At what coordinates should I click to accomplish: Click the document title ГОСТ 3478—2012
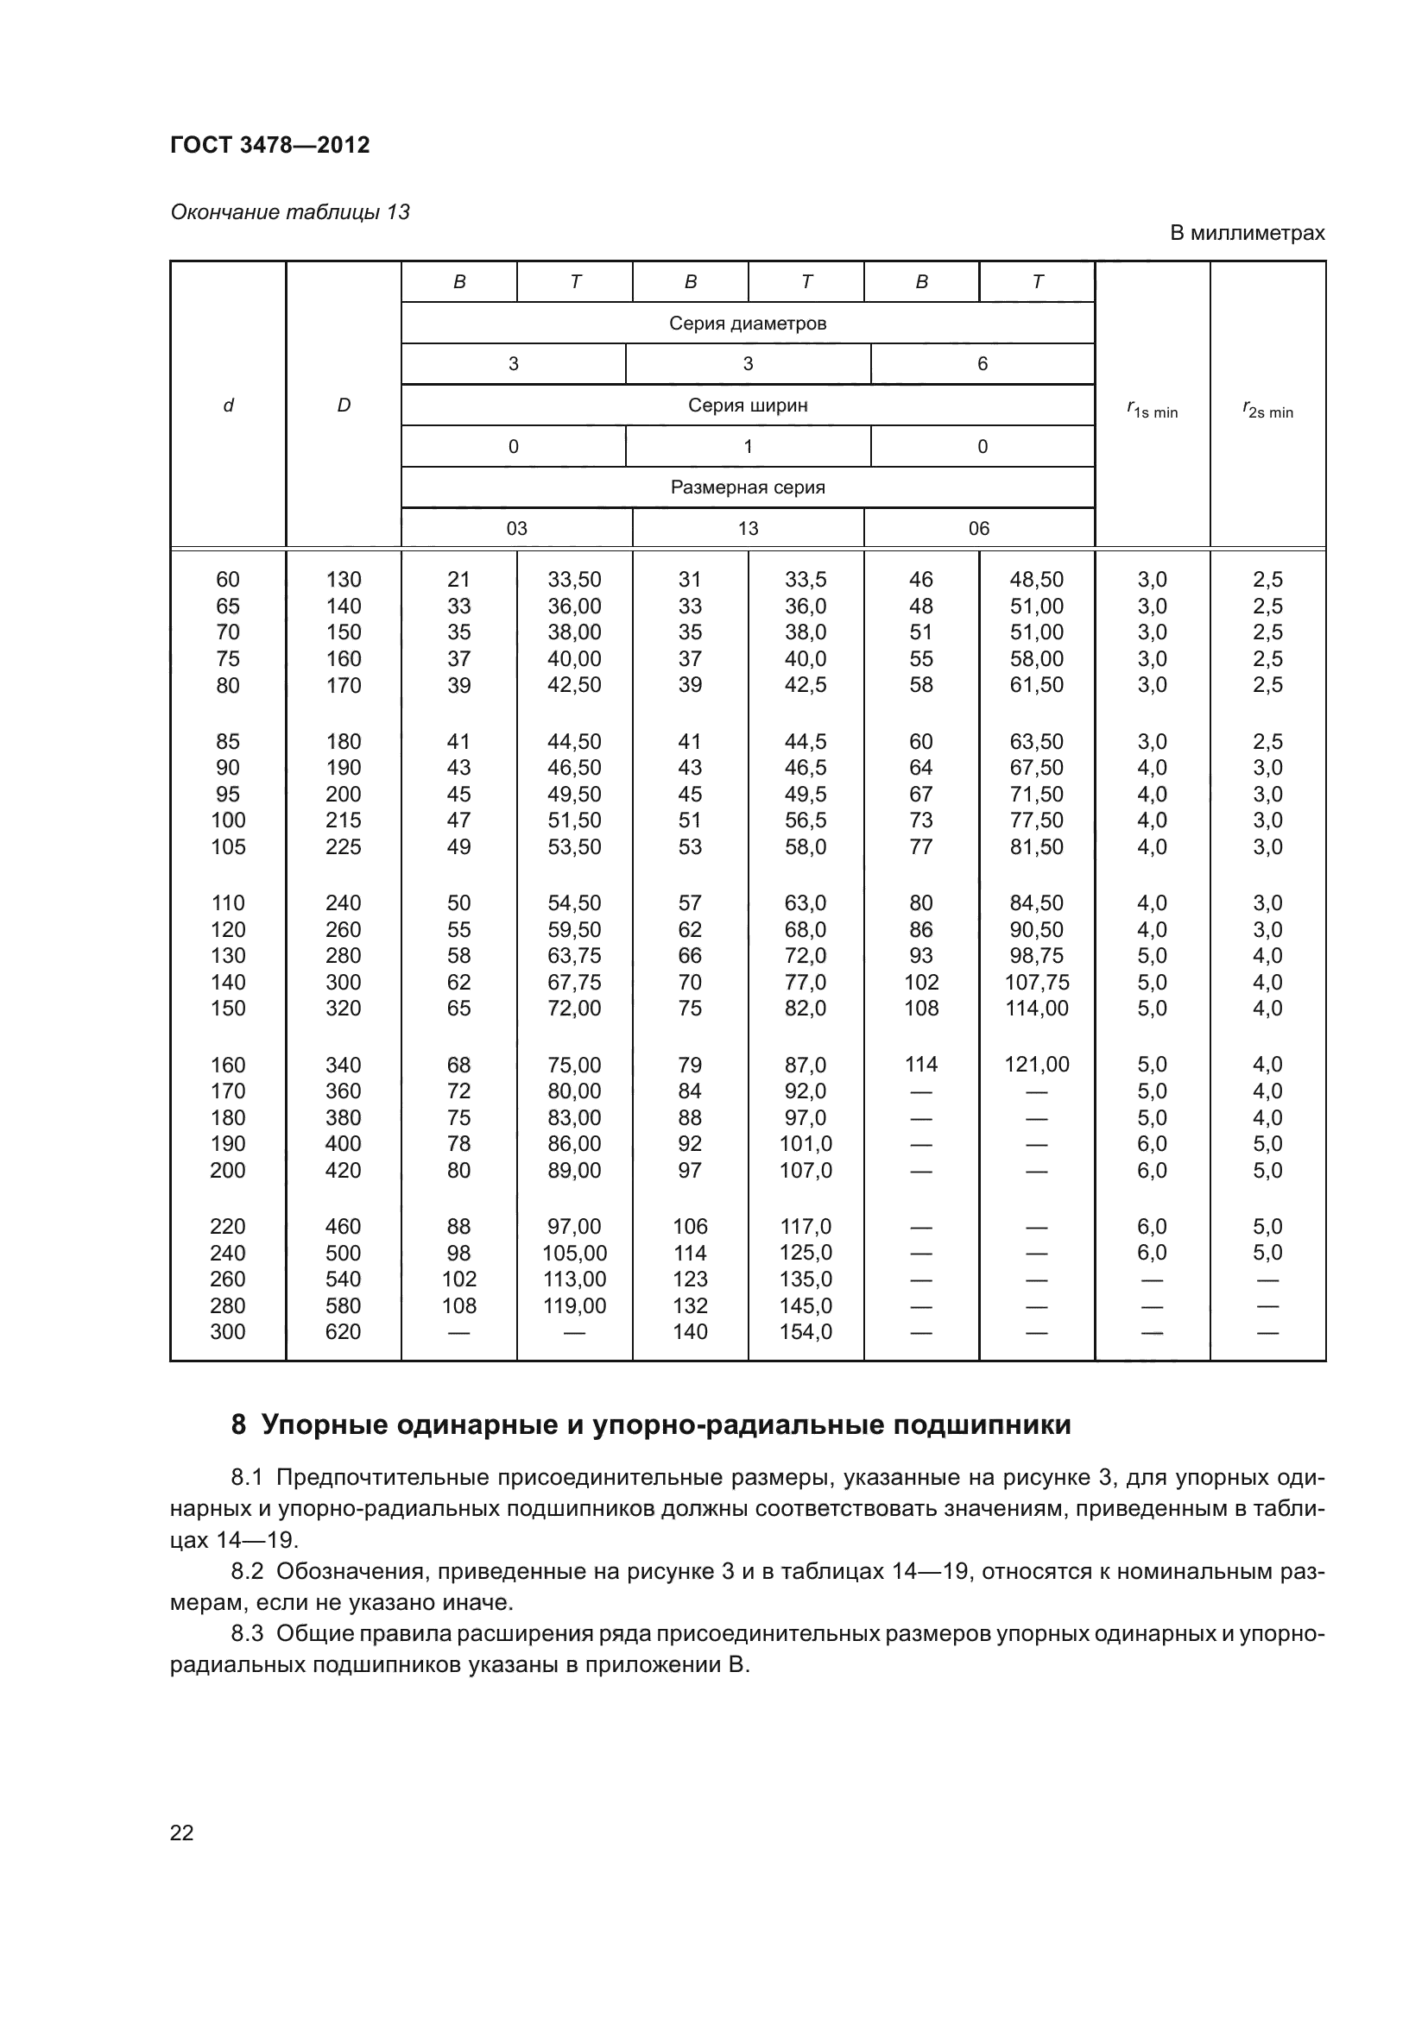tap(270, 145)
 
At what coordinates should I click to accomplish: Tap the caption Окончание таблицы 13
tap(289, 212)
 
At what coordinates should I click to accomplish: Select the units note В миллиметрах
tap(1246, 233)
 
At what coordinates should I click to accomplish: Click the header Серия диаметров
tap(748, 323)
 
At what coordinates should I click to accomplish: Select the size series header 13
tap(748, 528)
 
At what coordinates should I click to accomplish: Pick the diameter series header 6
tap(983, 364)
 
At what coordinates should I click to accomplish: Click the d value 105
tap(228, 846)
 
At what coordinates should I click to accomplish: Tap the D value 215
tap(343, 820)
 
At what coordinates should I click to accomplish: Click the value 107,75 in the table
tap(1037, 982)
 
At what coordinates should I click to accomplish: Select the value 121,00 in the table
tap(1037, 1065)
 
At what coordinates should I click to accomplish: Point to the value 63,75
tap(574, 955)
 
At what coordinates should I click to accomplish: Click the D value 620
tap(343, 1331)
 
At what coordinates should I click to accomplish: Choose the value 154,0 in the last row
tap(806, 1331)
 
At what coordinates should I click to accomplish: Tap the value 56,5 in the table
tap(806, 820)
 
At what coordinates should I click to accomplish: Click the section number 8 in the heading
tap(238, 1424)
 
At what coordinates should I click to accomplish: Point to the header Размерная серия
tap(748, 487)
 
